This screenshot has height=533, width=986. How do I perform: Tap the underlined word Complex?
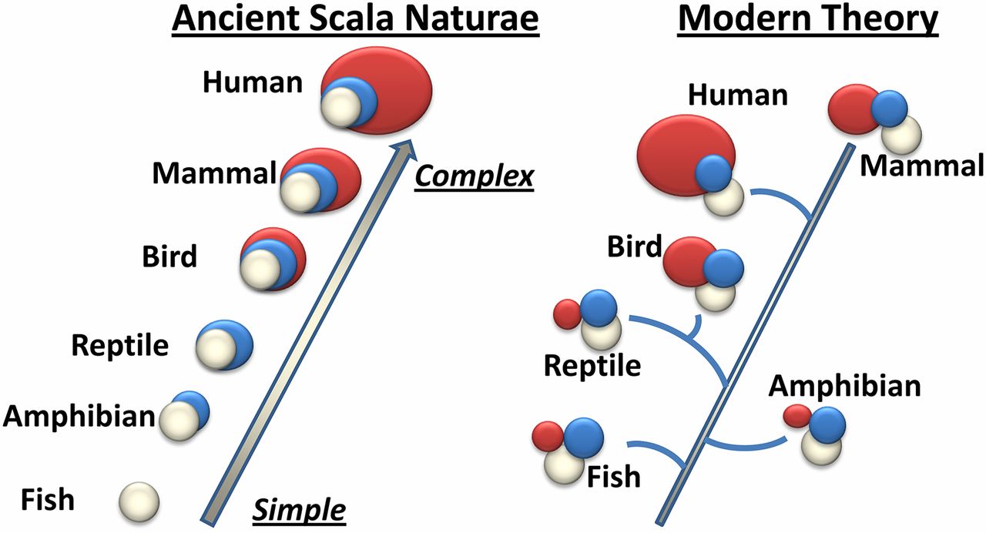[x=474, y=176]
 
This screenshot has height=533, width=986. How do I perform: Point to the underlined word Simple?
[x=300, y=509]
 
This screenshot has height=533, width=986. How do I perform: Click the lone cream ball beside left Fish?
[x=139, y=501]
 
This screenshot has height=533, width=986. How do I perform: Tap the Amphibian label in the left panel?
[x=79, y=417]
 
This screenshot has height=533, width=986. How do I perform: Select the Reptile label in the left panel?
[x=119, y=345]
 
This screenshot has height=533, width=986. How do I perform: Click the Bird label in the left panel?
[x=169, y=256]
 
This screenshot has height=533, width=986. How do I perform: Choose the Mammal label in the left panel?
[x=213, y=173]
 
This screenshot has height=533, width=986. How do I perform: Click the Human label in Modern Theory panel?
[x=738, y=95]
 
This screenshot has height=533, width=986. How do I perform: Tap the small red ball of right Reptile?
[x=567, y=313]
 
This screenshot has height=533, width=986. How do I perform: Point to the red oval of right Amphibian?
[x=796, y=417]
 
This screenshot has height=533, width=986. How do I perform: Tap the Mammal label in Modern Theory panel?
[x=921, y=165]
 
